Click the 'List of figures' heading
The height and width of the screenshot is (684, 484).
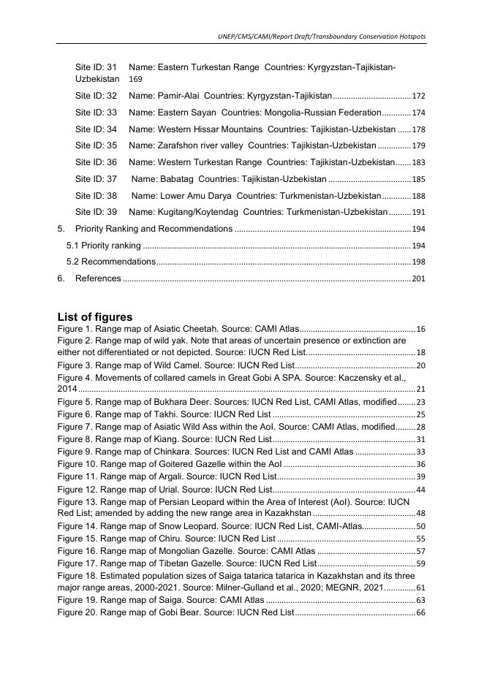[95, 317]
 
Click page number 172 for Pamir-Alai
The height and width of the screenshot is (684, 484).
[418, 96]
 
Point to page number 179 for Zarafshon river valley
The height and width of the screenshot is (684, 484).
[418, 145]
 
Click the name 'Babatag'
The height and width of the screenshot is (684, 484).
[175, 179]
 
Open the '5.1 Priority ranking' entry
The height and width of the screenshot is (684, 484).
[104, 246]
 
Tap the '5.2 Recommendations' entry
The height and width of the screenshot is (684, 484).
[110, 262]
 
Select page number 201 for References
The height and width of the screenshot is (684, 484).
[418, 278]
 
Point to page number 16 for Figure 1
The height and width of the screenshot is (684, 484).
[420, 330]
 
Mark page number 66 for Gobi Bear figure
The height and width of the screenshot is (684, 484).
[420, 612]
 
